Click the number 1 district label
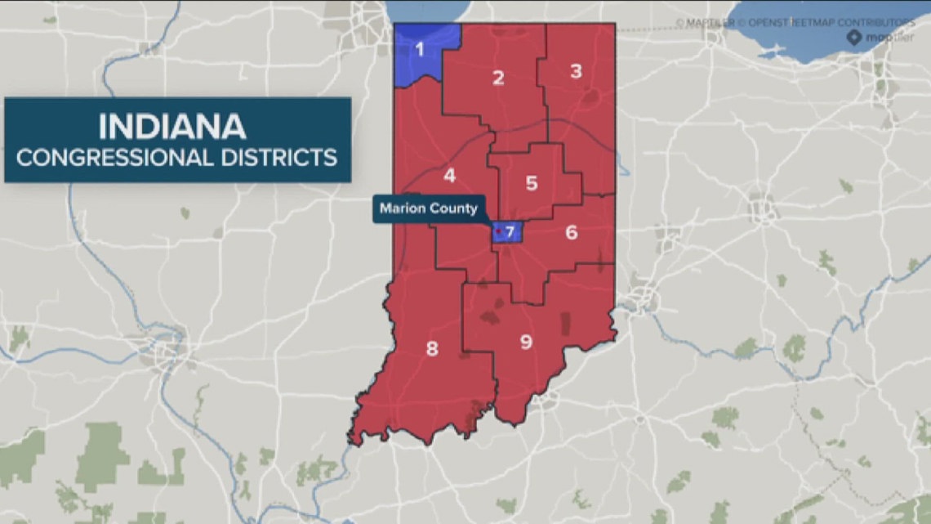pyautogui.click(x=420, y=50)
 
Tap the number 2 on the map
pyautogui.click(x=498, y=78)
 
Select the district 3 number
pyautogui.click(x=576, y=71)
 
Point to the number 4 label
pyautogui.click(x=449, y=176)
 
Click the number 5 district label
pyautogui.click(x=532, y=183)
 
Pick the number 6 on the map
pyautogui.click(x=571, y=232)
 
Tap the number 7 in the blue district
pyautogui.click(x=510, y=232)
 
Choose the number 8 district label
pyautogui.click(x=432, y=349)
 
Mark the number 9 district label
pyautogui.click(x=526, y=342)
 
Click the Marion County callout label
pyautogui.click(x=429, y=208)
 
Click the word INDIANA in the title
pyautogui.click(x=172, y=128)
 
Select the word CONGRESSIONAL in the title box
pyautogui.click(x=116, y=157)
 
